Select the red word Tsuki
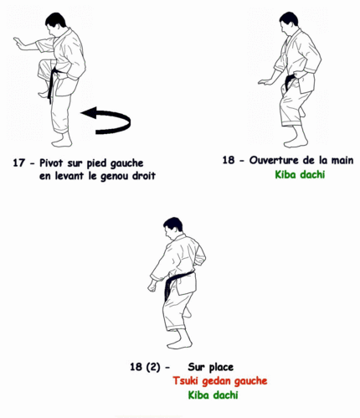(187, 380)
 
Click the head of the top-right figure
(289, 20)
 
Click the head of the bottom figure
(173, 225)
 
